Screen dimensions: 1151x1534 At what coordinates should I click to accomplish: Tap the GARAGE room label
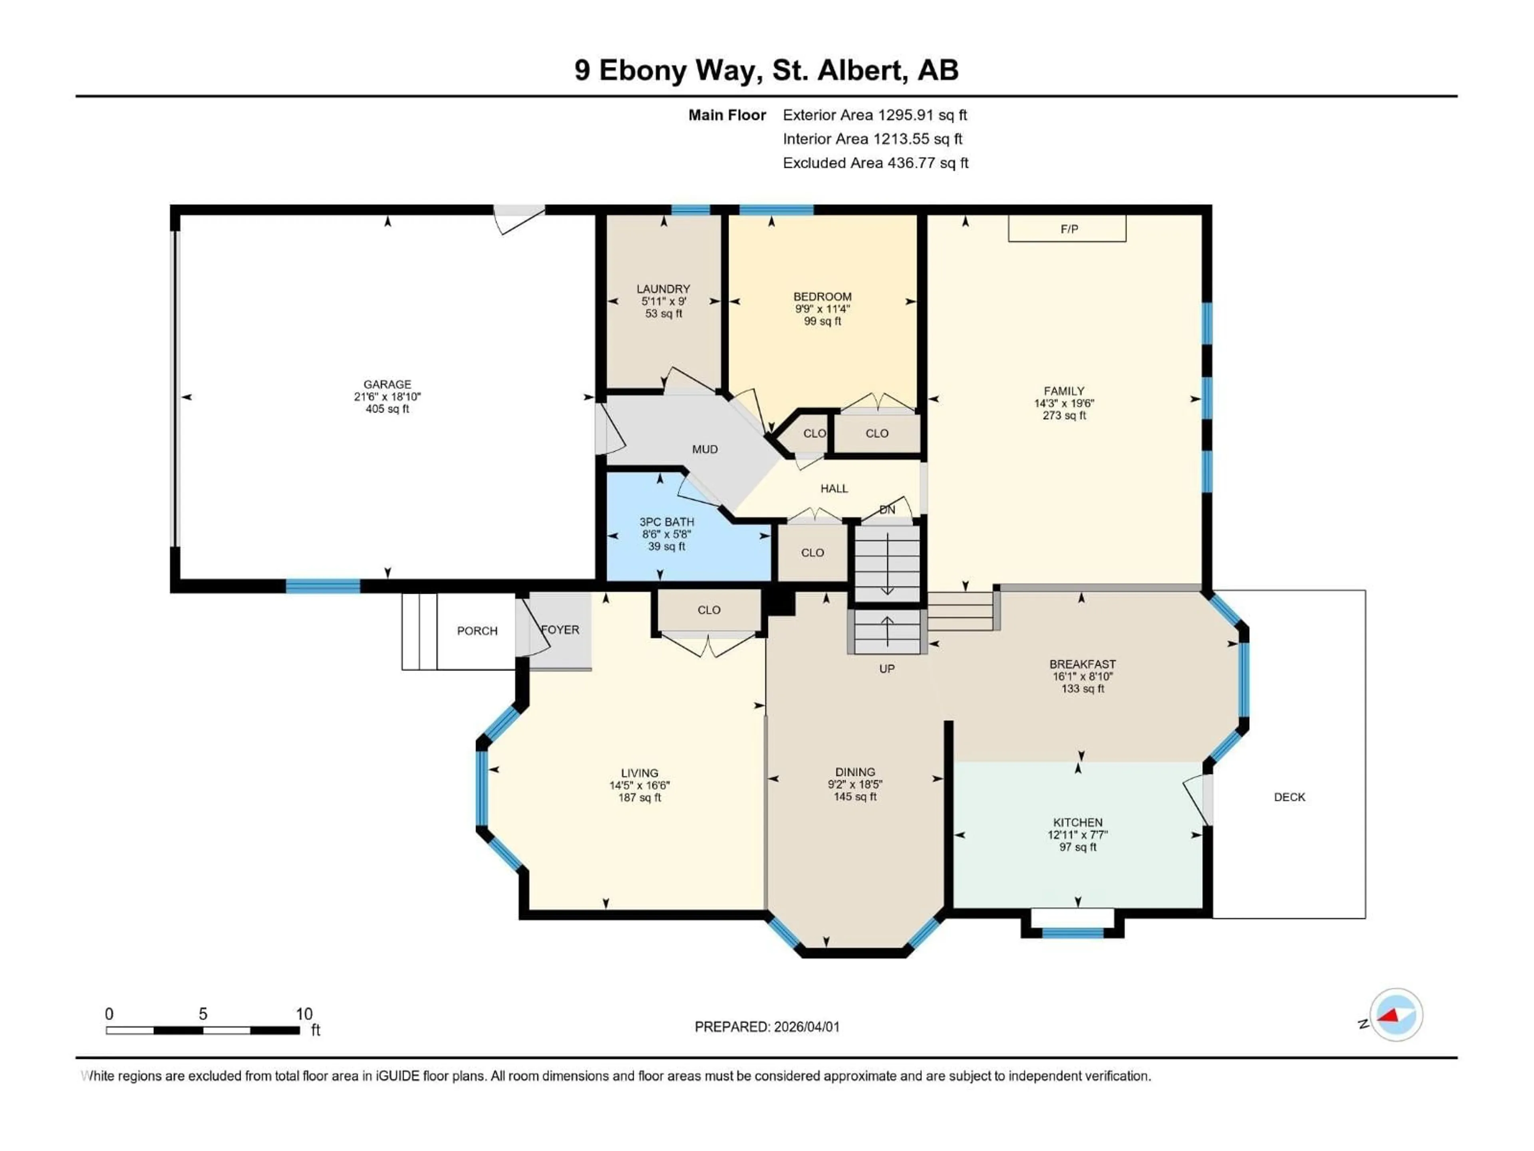[387, 384]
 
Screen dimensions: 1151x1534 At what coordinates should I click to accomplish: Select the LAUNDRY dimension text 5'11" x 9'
[663, 301]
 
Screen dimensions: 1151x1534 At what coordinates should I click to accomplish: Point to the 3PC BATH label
[666, 522]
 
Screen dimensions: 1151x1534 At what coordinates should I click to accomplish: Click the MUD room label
[705, 450]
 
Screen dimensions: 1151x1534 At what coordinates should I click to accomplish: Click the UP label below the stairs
[887, 669]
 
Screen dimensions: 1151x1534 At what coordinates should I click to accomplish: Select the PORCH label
[477, 631]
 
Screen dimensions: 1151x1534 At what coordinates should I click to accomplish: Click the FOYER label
[560, 630]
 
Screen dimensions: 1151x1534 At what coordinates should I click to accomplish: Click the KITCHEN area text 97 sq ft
[1078, 847]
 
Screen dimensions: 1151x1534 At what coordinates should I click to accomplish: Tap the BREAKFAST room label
[1082, 664]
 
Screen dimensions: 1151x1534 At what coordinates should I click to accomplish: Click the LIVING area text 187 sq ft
[640, 798]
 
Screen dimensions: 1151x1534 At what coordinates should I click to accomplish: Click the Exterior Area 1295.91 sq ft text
[874, 115]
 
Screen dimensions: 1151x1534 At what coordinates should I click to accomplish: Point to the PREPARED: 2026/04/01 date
[767, 1027]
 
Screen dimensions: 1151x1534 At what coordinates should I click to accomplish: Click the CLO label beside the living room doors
[709, 610]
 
